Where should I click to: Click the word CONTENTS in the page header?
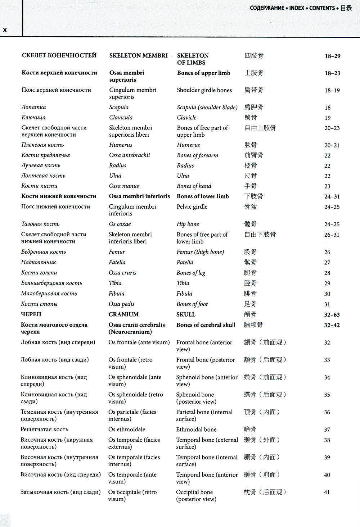coord(322,8)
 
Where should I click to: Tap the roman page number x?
coord(5,30)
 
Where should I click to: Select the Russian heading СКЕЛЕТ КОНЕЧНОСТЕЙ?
coord(59,55)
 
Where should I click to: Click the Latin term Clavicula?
coord(121,117)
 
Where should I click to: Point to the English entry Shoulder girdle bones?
coord(204,90)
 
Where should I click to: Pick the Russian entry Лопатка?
coord(33,107)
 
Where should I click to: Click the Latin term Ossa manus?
coord(123,186)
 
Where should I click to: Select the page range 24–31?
coord(332,196)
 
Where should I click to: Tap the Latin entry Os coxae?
coord(120,224)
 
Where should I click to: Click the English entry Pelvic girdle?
coord(192,206)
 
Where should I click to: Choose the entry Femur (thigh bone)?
coord(200,252)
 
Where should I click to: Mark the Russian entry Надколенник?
coord(39,262)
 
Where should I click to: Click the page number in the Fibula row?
coord(327,294)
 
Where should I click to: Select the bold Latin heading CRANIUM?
coord(123,314)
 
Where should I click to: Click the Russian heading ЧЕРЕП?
coord(31,314)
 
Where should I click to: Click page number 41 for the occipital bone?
coord(327,492)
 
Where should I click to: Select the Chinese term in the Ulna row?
coord(250,176)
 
